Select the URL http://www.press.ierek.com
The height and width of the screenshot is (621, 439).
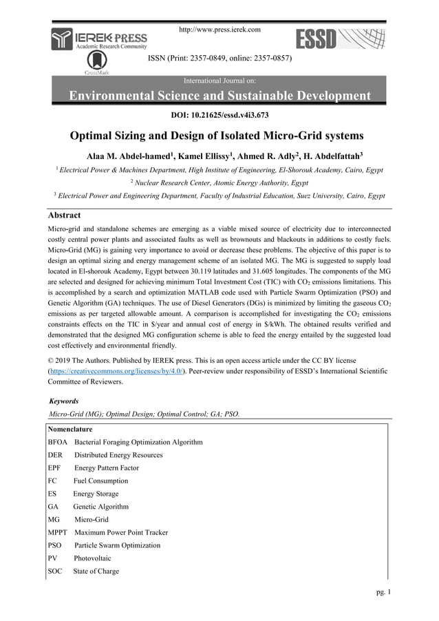pyautogui.click(x=219, y=30)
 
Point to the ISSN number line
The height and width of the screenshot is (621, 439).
pyautogui.click(x=220, y=59)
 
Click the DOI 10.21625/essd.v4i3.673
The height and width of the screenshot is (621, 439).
pyautogui.click(x=219, y=114)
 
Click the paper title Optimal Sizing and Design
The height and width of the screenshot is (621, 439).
pyautogui.click(x=219, y=134)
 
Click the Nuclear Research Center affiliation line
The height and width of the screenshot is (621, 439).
pyautogui.click(x=219, y=182)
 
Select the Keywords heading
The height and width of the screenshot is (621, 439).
pyautogui.click(x=65, y=401)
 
